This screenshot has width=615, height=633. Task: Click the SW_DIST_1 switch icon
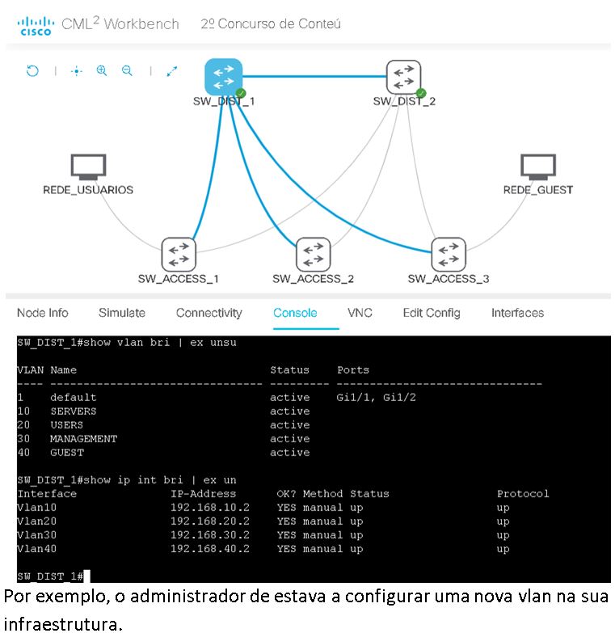tap(224, 77)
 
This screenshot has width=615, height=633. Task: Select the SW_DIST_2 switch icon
tap(403, 78)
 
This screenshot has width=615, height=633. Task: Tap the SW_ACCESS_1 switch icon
tap(179, 254)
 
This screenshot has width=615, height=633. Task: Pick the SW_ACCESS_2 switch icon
tap(313, 254)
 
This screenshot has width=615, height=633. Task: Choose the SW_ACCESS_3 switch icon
tap(448, 254)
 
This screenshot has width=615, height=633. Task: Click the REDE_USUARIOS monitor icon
tap(88, 167)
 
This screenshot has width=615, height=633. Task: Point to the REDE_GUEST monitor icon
tap(537, 167)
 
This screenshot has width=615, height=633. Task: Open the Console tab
tap(295, 313)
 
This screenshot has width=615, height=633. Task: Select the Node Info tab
tap(43, 313)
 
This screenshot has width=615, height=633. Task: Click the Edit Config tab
tap(432, 313)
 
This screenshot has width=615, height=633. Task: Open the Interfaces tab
tap(517, 313)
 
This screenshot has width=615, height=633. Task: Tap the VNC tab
tap(360, 313)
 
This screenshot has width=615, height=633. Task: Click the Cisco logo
tap(35, 25)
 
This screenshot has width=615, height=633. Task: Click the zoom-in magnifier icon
tap(102, 71)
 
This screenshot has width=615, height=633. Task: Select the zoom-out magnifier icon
tap(127, 71)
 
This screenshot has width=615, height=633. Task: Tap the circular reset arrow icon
tap(32, 71)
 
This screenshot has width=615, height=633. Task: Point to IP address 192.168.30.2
tap(210, 535)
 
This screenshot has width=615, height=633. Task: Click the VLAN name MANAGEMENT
tap(83, 439)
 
